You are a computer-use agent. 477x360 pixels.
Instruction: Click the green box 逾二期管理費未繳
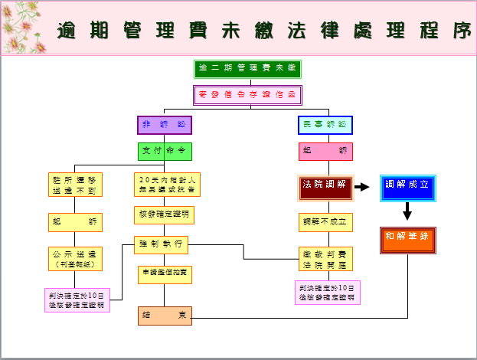[247, 69]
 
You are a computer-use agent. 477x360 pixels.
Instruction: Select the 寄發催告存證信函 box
[247, 94]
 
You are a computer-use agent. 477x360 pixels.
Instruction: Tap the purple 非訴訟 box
[164, 125]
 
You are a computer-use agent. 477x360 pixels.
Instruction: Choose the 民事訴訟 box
[325, 125]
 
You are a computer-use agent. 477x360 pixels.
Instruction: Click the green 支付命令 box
[165, 151]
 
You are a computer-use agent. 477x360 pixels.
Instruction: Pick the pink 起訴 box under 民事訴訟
[325, 151]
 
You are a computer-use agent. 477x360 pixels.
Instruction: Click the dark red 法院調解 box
[325, 186]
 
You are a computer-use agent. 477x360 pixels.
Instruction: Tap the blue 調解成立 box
[407, 186]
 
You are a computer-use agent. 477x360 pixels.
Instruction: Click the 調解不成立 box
[325, 222]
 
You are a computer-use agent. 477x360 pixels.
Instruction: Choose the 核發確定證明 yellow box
[164, 214]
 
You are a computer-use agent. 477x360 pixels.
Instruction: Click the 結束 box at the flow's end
[165, 316]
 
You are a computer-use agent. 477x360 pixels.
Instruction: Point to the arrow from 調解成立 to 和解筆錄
[407, 211]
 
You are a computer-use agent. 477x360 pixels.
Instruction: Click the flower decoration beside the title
[21, 26]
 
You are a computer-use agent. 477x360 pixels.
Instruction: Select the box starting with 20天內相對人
[164, 184]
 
